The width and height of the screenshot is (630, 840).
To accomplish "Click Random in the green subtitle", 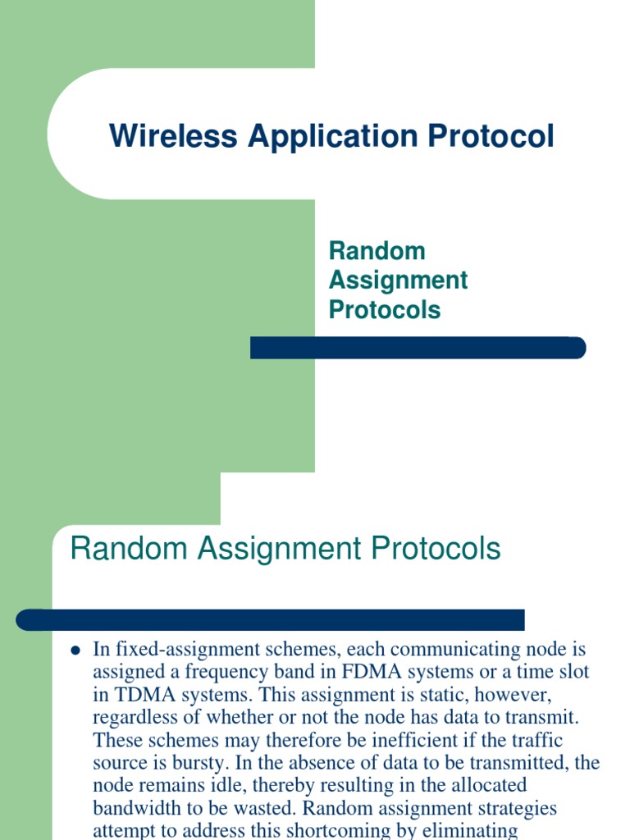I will click(x=377, y=251).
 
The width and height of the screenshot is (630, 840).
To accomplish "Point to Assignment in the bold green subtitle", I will click(x=398, y=281).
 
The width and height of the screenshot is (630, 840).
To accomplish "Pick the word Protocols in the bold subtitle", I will click(x=385, y=310).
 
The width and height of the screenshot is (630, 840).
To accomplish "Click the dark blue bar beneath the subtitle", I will click(x=418, y=348).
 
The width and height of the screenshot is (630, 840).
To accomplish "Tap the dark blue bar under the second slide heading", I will click(x=271, y=619).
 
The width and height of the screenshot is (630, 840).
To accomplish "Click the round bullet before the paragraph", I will click(x=75, y=651).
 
